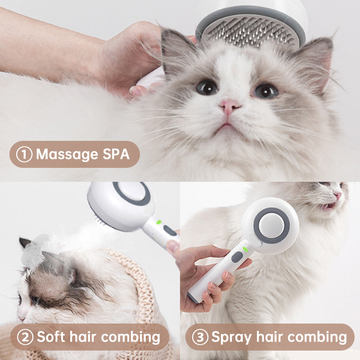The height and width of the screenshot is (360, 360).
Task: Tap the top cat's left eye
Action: [207, 87]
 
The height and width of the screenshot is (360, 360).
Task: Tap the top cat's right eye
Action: [266, 91]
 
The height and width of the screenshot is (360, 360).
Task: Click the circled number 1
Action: [24, 154]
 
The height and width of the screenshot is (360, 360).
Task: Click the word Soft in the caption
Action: [51, 337]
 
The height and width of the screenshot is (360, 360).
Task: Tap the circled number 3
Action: [200, 337]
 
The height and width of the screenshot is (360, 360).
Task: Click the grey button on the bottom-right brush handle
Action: [237, 257]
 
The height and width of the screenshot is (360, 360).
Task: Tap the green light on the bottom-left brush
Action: [158, 222]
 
